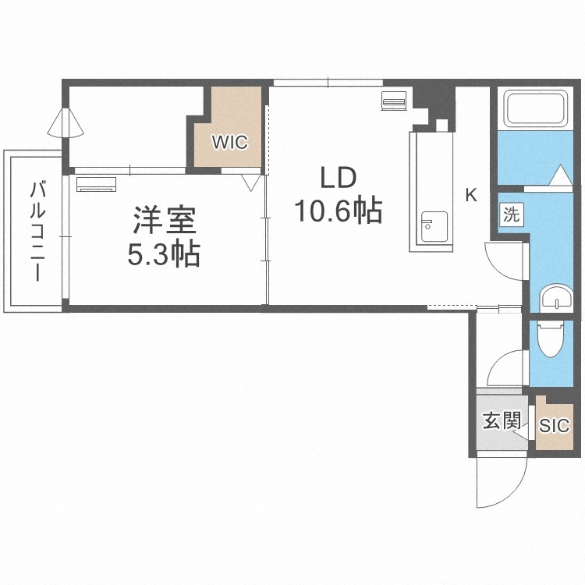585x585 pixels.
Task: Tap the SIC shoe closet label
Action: coord(555,426)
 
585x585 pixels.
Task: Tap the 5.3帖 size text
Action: coord(164,254)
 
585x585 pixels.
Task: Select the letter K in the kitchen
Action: coord(471,196)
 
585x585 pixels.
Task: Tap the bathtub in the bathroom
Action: coord(538,108)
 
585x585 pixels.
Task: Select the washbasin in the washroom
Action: coord(555,298)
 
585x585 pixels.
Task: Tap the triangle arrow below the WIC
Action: coord(250,183)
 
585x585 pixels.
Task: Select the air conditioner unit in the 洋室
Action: coord(97,184)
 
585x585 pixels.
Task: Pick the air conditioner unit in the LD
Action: coord(394,101)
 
